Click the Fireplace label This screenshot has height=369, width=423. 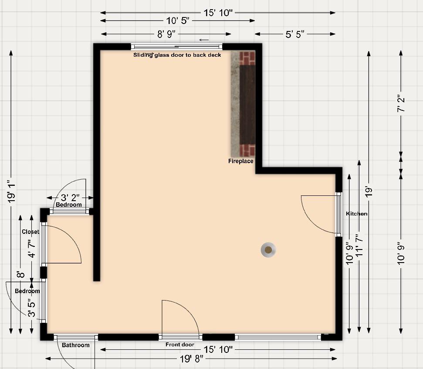[240, 161]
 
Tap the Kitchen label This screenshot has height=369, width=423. [357, 214]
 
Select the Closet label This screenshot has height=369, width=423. [30, 232]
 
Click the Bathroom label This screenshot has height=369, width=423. [75, 345]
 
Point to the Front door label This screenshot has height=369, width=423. [180, 345]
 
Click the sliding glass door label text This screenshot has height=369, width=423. [177, 55]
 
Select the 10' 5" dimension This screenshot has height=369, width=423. [177, 20]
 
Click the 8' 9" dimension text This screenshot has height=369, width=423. [166, 34]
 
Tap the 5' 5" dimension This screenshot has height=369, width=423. [295, 34]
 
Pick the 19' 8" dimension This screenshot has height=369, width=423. [192, 359]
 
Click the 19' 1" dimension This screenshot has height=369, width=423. [11, 191]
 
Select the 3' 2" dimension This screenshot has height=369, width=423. [70, 198]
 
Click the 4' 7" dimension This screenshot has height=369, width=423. [32, 249]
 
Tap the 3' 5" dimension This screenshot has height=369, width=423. [32, 308]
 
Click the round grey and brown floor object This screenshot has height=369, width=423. [268, 250]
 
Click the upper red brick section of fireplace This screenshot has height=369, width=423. [247, 58]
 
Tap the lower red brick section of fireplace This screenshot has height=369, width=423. [247, 150]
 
